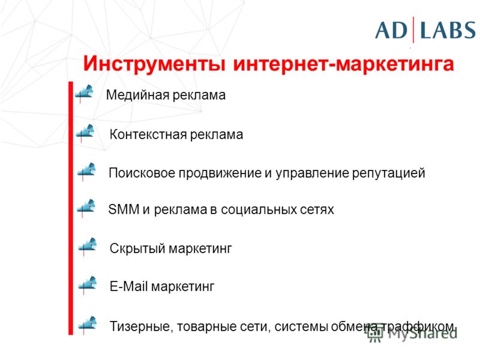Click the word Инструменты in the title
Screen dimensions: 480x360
coord(155,64)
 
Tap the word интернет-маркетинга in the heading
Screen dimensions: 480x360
coord(343,64)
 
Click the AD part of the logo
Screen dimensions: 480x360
coord(391,31)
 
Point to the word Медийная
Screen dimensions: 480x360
coord(137,95)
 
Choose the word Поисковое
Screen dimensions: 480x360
coord(142,173)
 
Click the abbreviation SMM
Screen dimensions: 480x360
coord(124,209)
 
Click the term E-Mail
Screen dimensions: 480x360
coord(129,287)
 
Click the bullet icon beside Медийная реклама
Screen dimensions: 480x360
coord(84,93)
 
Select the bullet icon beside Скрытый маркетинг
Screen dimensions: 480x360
coord(88,247)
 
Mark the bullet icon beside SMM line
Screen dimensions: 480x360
coord(86,208)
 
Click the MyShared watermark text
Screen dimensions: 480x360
coord(412,332)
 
